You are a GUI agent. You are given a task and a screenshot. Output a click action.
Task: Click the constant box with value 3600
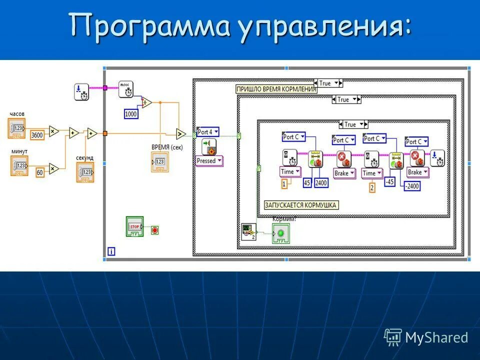pyautogui.click(x=36, y=135)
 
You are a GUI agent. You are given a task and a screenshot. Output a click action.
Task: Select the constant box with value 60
pyautogui.click(x=39, y=172)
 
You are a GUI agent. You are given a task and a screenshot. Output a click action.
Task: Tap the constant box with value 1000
pyautogui.click(x=130, y=114)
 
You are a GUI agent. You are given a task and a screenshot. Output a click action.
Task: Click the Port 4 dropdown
pyautogui.click(x=208, y=132)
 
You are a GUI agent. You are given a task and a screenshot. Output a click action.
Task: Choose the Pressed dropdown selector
pyautogui.click(x=209, y=161)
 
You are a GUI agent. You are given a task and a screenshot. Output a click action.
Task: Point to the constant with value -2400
pyautogui.click(x=412, y=186)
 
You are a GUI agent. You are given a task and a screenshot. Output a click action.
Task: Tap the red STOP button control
pyautogui.click(x=134, y=227)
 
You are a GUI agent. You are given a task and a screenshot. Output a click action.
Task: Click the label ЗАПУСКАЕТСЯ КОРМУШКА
pyautogui.click(x=301, y=205)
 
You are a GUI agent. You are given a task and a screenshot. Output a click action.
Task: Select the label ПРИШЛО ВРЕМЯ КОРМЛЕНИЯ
pyautogui.click(x=276, y=89)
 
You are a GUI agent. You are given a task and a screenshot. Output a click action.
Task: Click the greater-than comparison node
pyautogui.click(x=180, y=133)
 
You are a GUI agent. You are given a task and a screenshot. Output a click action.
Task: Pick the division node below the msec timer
pyautogui.click(x=146, y=102)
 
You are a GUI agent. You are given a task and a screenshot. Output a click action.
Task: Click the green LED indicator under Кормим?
pyautogui.click(x=280, y=233)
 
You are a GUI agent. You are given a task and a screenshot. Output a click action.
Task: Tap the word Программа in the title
pyautogui.click(x=149, y=26)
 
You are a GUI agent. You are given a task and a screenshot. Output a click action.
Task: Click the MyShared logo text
pyautogui.click(x=436, y=337)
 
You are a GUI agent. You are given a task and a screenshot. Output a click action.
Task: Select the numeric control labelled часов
pyautogui.click(x=17, y=129)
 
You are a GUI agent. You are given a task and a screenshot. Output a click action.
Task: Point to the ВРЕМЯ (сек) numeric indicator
pyautogui.click(x=160, y=162)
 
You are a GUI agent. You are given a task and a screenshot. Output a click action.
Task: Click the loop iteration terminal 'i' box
pyautogui.click(x=111, y=251)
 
